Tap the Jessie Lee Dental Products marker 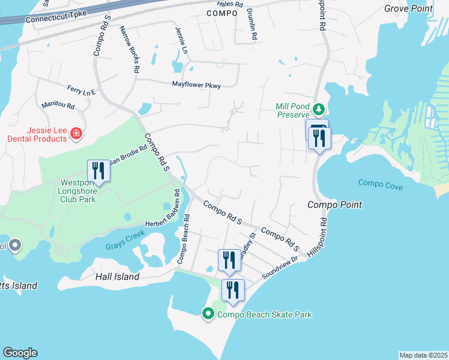click(76, 133)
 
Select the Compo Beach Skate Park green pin click(208, 313)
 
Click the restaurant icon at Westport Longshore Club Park click(98, 171)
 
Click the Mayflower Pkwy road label click(196, 85)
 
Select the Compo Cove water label click(380, 183)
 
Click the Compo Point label click(334, 205)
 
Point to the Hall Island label click(118, 277)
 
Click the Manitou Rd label click(58, 106)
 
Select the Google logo click(20, 353)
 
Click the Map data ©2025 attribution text click(423, 355)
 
